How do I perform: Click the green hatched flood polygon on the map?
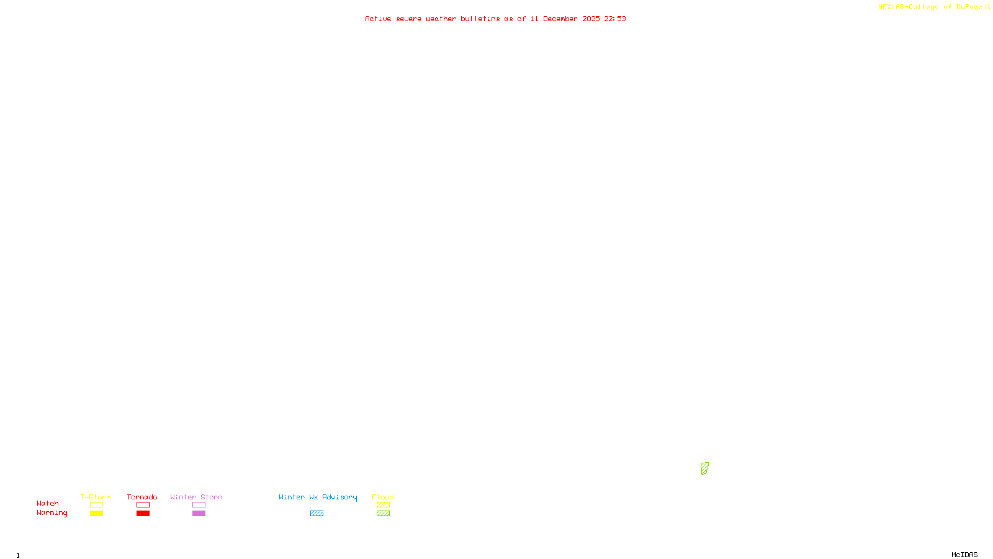(x=704, y=468)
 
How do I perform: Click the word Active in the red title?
(x=378, y=19)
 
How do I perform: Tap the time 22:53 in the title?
(x=615, y=19)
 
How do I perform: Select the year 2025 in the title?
(x=591, y=19)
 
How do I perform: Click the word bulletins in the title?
(x=480, y=19)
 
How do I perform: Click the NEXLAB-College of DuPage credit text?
(x=930, y=7)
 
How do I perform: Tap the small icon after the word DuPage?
(x=987, y=7)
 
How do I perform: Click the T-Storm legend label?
(x=96, y=497)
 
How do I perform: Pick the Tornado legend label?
(x=142, y=497)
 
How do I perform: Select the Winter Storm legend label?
(x=196, y=497)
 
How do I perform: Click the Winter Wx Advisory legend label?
(x=318, y=497)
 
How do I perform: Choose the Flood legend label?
(x=383, y=497)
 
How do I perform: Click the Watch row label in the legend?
(x=48, y=503)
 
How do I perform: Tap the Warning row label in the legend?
(x=52, y=513)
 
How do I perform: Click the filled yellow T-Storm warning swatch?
(x=96, y=514)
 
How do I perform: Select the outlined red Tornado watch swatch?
(x=143, y=505)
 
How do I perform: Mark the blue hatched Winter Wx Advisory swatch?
(x=317, y=514)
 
